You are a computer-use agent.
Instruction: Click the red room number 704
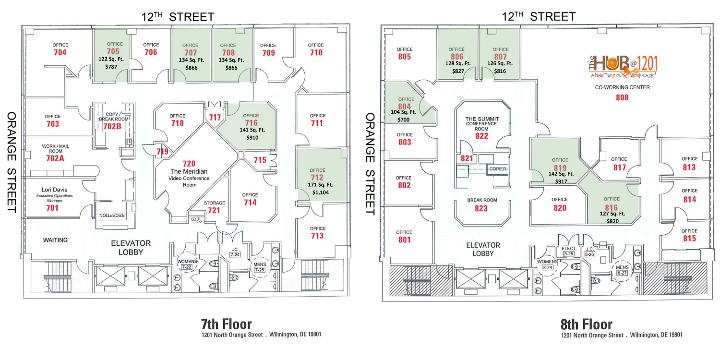point(60,52)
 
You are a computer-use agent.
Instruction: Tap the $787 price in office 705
point(111,67)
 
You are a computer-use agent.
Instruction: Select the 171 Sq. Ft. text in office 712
point(321,185)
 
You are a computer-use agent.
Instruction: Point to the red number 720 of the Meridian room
point(189,164)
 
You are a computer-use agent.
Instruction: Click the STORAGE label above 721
point(215,203)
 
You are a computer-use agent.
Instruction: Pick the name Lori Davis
point(54,190)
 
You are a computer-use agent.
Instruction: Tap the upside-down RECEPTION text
point(112,215)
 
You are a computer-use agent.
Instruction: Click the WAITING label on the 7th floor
point(55,240)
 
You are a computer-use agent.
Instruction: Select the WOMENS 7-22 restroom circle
point(187,264)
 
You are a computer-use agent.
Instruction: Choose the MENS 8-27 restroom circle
point(622,270)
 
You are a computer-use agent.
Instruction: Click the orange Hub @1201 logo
point(623,67)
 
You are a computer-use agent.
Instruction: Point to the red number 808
point(622,97)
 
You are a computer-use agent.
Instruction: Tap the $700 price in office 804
point(403,120)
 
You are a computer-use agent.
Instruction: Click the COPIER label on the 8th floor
point(498,169)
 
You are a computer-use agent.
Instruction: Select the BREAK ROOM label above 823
point(482,200)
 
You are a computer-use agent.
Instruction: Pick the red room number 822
point(482,136)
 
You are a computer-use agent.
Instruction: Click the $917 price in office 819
point(561,181)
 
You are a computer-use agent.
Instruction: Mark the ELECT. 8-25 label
point(569,251)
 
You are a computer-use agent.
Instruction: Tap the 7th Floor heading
point(226,324)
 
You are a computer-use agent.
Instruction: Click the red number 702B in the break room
point(112,126)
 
